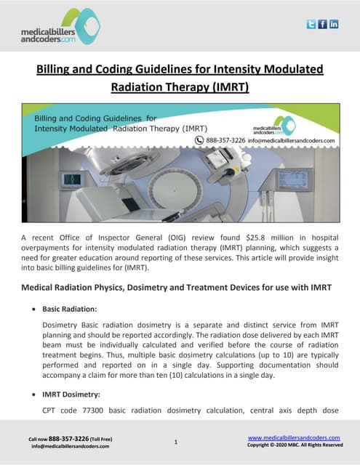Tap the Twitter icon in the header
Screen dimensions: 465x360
(x=311, y=24)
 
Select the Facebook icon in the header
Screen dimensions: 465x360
(x=323, y=24)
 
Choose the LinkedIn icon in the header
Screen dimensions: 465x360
(x=335, y=24)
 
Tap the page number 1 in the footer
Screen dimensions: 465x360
(x=176, y=441)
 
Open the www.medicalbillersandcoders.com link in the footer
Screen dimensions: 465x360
(x=294, y=437)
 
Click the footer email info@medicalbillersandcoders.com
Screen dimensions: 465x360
(x=70, y=446)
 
